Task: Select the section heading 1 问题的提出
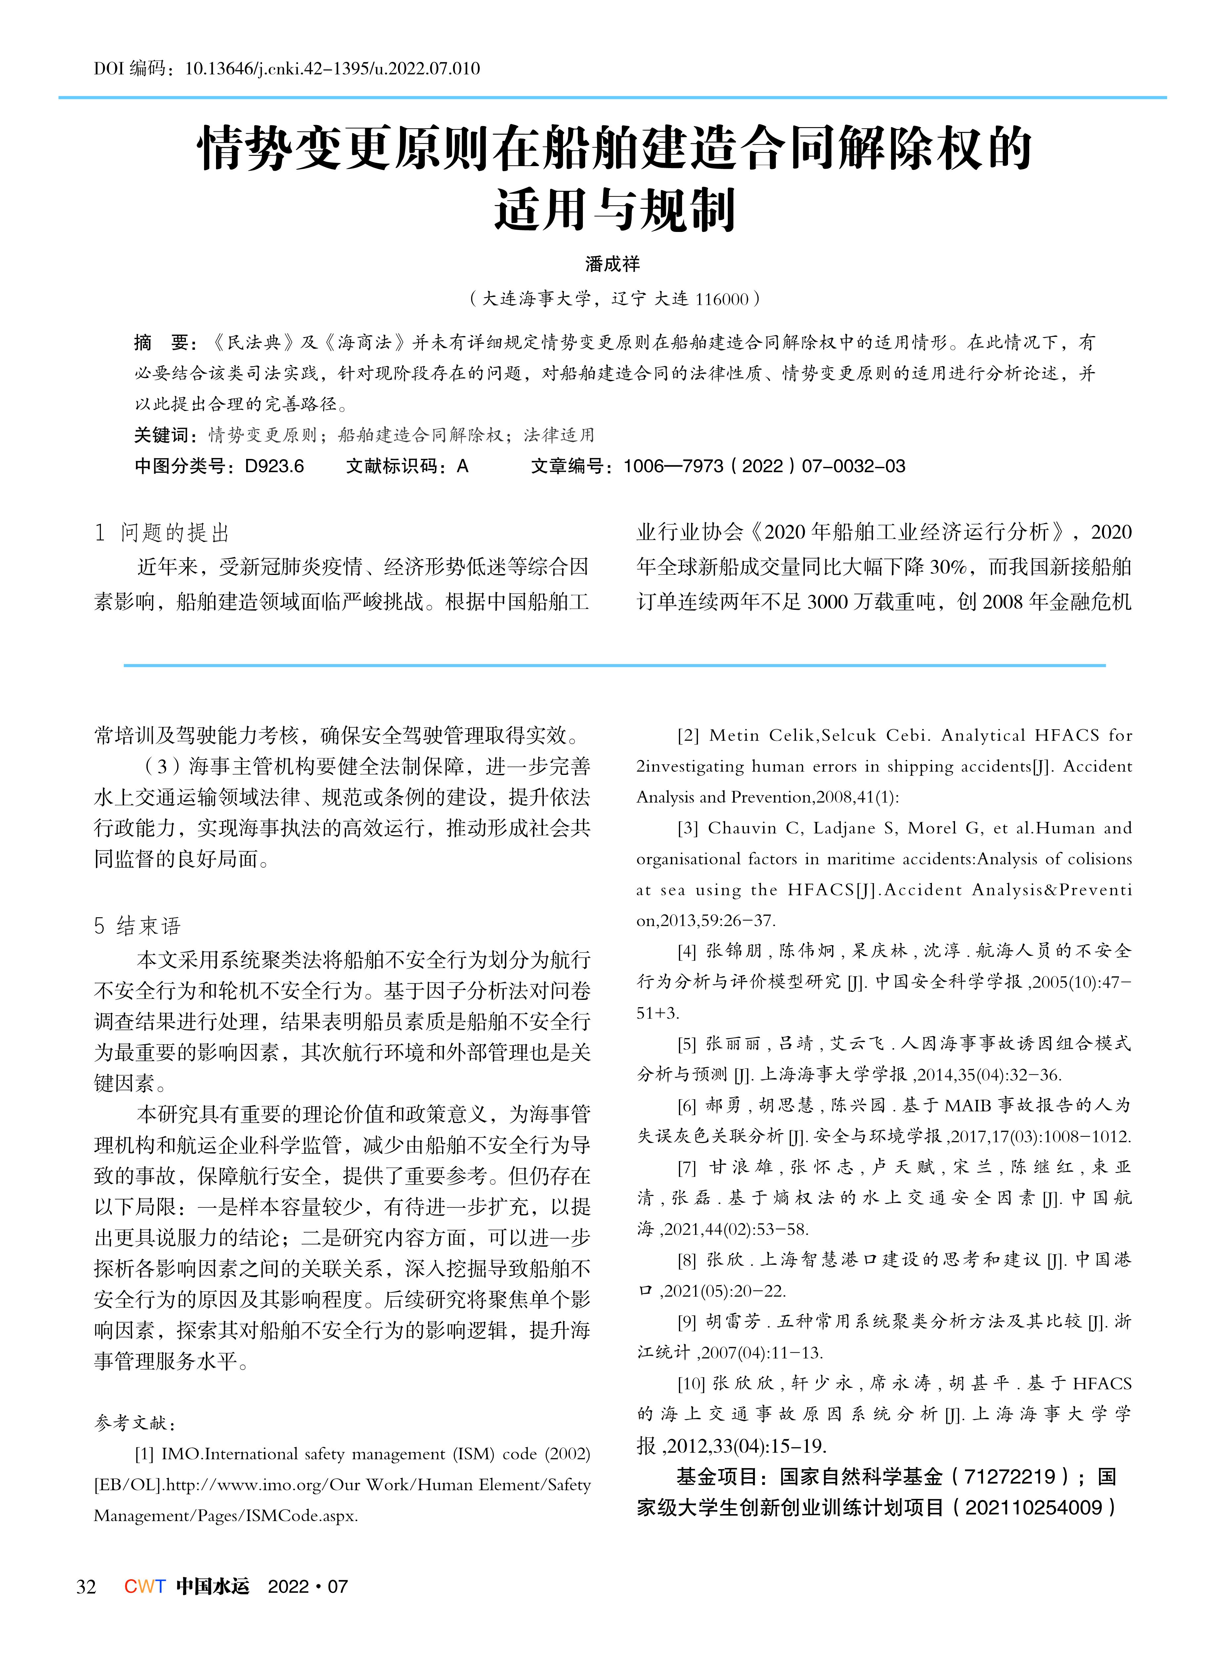[x=162, y=533]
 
